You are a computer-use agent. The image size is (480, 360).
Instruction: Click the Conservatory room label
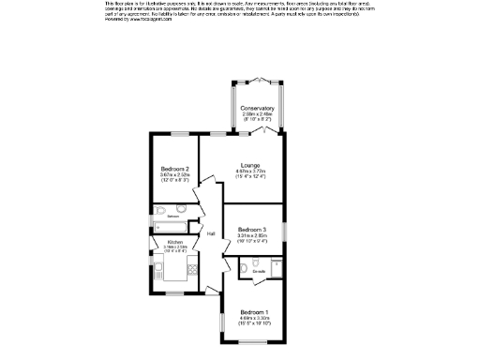coord(257,109)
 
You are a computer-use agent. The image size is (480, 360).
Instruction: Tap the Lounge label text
coord(248,165)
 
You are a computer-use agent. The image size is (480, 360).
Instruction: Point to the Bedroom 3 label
coord(251,230)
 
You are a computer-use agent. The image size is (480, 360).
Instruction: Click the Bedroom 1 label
coord(253,311)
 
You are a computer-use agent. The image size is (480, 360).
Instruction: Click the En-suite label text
coord(259,272)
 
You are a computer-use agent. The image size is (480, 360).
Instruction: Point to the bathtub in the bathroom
coord(167,228)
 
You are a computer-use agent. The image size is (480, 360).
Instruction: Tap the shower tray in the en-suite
coord(277,268)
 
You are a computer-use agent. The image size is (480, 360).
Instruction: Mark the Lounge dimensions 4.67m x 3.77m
coord(248,172)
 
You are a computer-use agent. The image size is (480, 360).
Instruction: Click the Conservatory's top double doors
coord(257,78)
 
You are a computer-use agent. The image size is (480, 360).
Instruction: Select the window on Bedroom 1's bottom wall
coord(253,343)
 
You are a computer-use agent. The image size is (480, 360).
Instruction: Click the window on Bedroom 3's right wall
coord(287,232)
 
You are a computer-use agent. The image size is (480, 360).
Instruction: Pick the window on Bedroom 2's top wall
coord(174,134)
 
